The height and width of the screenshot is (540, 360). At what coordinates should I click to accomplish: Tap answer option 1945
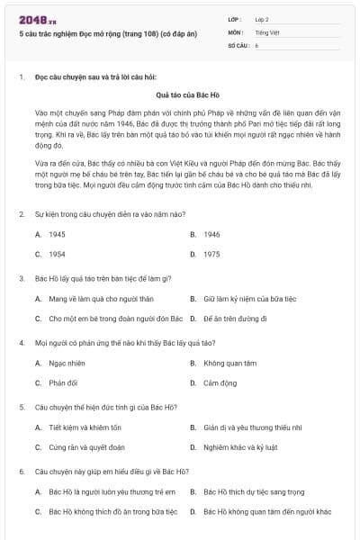click(57, 234)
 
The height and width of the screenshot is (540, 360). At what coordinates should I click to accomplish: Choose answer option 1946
click(211, 234)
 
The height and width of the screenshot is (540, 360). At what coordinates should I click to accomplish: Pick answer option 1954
click(57, 254)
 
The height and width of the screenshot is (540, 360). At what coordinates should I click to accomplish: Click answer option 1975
click(211, 254)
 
